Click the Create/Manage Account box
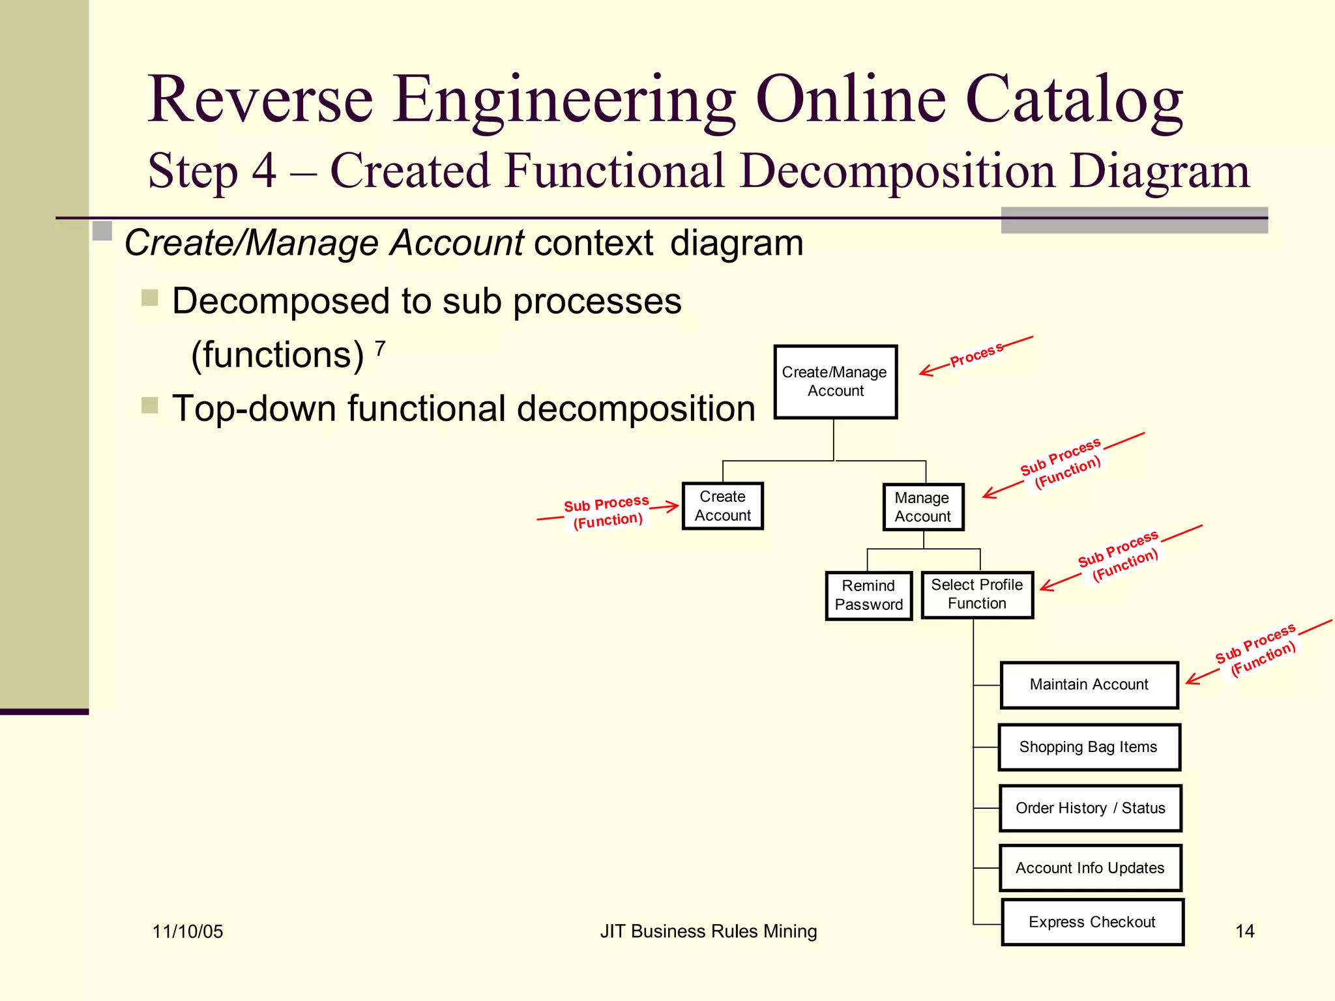[x=835, y=382]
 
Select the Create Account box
[x=722, y=506]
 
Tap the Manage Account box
[x=922, y=507]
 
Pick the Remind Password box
[x=868, y=595]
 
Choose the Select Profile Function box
[x=976, y=594]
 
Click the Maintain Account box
[x=1089, y=685]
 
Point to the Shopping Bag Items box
[x=1089, y=747]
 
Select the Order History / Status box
[x=1090, y=808]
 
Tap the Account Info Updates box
[x=1090, y=868]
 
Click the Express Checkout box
[x=1092, y=922]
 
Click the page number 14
[x=1244, y=931]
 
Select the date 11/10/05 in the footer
[x=188, y=932]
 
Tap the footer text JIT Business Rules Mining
[x=708, y=931]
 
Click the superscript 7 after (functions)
[x=381, y=349]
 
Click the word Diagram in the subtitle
[x=1160, y=171]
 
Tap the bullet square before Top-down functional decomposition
[x=150, y=405]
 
